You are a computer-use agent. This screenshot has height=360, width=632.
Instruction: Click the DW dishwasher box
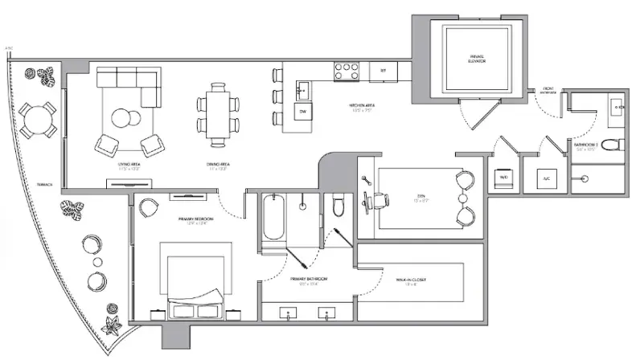[303, 112]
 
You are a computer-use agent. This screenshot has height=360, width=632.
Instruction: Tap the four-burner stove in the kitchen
[347, 71]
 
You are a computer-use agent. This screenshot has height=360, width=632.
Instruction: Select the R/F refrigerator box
[383, 72]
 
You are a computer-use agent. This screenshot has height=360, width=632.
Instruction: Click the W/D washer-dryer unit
[503, 179]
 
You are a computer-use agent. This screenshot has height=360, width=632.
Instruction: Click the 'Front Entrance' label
[549, 91]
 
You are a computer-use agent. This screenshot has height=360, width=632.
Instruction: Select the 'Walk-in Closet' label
[414, 281]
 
